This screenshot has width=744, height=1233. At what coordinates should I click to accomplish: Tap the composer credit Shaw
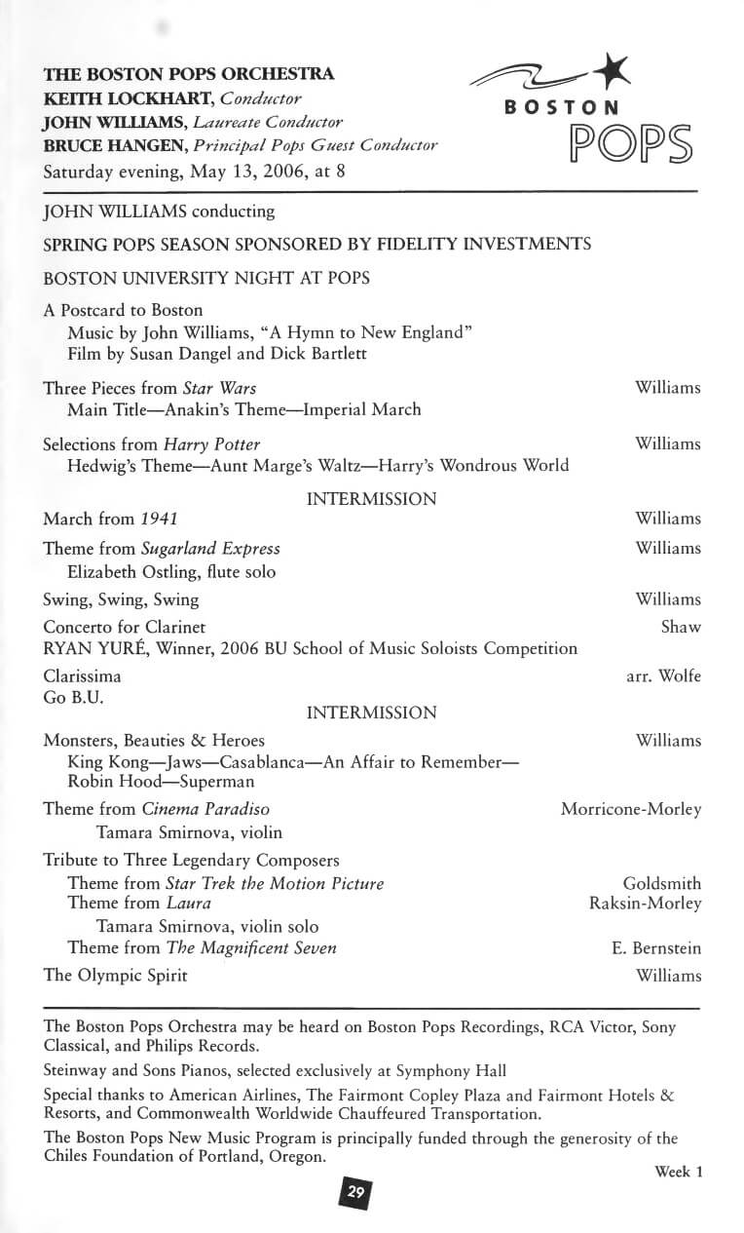(681, 627)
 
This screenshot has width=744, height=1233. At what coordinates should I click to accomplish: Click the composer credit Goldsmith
(661, 883)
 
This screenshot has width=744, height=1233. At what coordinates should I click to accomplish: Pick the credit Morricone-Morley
(630, 809)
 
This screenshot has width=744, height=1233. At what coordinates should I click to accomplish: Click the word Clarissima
(83, 675)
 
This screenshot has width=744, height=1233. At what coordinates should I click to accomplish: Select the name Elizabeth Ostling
(128, 572)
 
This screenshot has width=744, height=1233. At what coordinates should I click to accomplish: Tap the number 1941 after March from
(159, 519)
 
